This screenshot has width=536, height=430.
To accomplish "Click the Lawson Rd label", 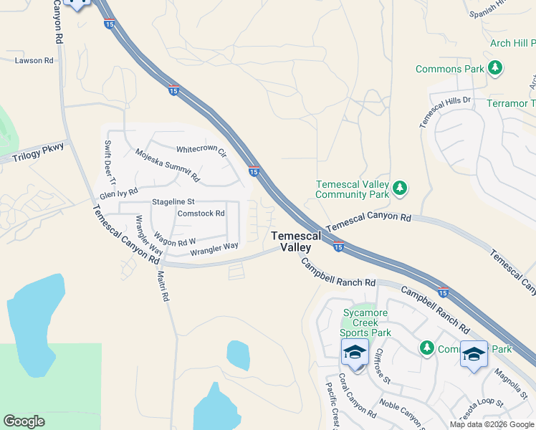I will pyautogui.click(x=34, y=61).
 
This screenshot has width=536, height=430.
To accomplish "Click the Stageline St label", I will pyautogui.click(x=173, y=203).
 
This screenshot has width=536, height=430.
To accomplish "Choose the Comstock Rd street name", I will pyautogui.click(x=201, y=214).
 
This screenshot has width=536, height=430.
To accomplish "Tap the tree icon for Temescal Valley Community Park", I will pyautogui.click(x=400, y=188).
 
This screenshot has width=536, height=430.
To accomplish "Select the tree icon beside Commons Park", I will pyautogui.click(x=494, y=69).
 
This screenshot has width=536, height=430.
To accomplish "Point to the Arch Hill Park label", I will pyautogui.click(x=512, y=43).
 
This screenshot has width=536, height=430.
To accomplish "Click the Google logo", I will pyautogui.click(x=24, y=421).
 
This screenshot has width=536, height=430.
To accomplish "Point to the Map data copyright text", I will pyautogui.click(x=492, y=424).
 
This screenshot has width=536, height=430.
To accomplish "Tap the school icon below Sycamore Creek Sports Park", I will pyautogui.click(x=355, y=353).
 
